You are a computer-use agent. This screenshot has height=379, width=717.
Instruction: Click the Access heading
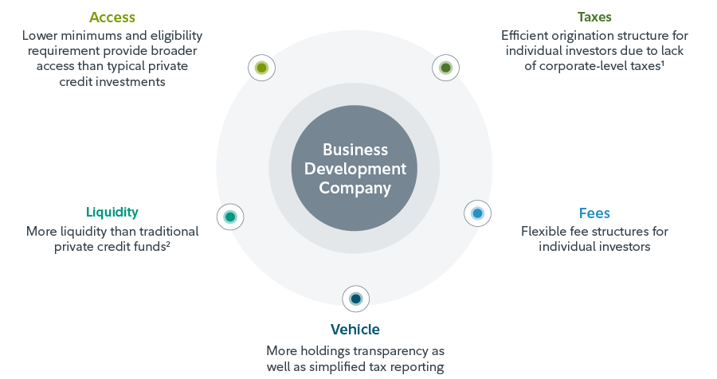[112, 18]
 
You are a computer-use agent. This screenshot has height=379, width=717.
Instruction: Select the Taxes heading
[594, 17]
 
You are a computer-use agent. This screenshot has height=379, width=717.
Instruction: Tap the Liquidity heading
[112, 212]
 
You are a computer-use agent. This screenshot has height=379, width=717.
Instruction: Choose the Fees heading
[594, 213]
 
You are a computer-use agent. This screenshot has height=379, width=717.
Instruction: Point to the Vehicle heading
[355, 329]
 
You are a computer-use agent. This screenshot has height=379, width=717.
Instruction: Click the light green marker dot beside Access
[261, 68]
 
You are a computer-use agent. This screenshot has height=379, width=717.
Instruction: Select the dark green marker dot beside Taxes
[445, 68]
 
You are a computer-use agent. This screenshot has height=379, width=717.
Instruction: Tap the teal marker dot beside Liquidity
[230, 217]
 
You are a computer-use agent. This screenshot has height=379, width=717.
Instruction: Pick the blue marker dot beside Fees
[477, 213]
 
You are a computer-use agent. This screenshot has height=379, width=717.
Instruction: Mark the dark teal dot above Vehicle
[355, 299]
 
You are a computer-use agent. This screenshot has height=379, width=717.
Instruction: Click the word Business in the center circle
[355, 150]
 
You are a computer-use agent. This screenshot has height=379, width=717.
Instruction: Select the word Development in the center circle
[355, 169]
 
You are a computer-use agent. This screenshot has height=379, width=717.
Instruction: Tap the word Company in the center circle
[355, 189]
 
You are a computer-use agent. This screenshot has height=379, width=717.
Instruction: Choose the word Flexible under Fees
[545, 232]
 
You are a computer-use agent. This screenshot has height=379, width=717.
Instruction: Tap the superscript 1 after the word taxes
[663, 63]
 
